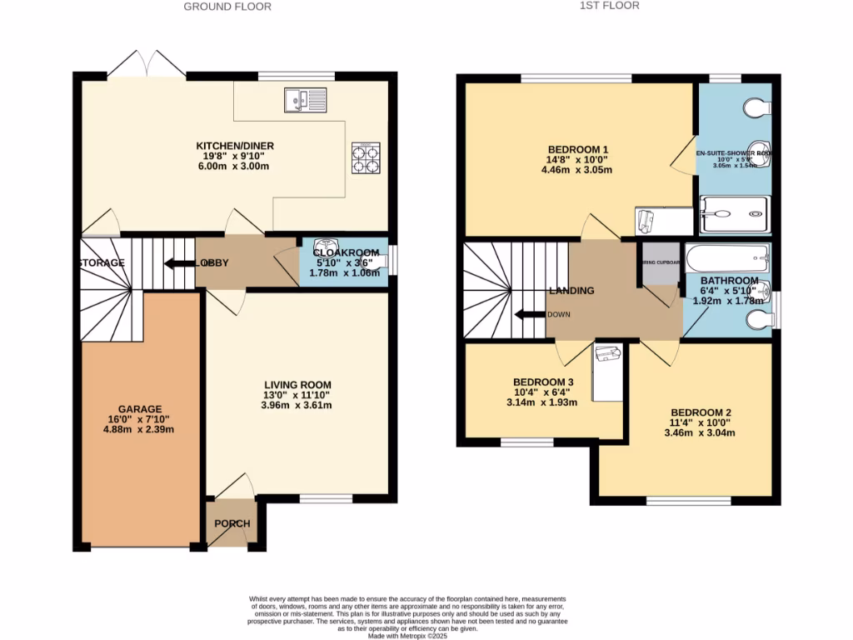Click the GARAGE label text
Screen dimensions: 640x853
(139, 409)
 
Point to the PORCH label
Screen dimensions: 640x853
(232, 524)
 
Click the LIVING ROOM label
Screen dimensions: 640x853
(297, 385)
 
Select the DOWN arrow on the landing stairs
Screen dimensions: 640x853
(528, 315)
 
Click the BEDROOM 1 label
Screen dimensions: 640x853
(577, 150)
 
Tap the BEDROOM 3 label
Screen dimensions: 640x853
(543, 382)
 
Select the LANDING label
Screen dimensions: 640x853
(571, 291)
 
